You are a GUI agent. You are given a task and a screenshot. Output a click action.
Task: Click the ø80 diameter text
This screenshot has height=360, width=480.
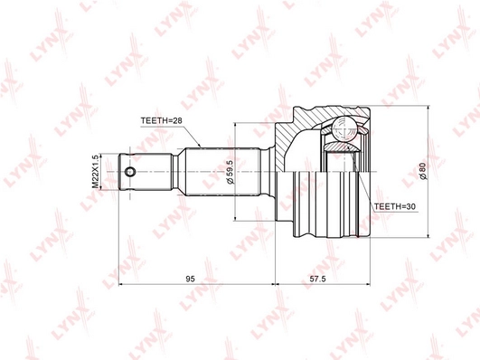tap(422, 170)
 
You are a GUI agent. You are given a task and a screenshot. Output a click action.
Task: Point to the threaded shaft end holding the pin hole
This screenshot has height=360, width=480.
tap(145, 172)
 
